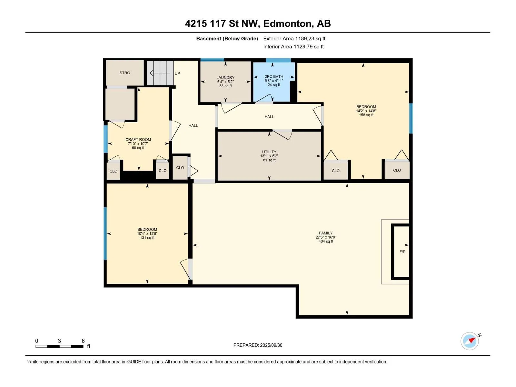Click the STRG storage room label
pyautogui.click(x=124, y=73)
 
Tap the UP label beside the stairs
pyautogui.click(x=177, y=74)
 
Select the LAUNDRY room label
pyautogui.click(x=225, y=77)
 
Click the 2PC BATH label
pyautogui.click(x=274, y=77)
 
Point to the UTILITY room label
pyautogui.click(x=269, y=152)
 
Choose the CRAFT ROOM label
pyautogui.click(x=138, y=140)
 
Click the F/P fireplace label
pyautogui.click(x=402, y=252)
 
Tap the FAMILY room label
pyautogui.click(x=326, y=233)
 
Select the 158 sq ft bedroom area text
pyautogui.click(x=366, y=115)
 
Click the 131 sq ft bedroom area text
pyautogui.click(x=147, y=238)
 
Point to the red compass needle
pyautogui.click(x=472, y=340)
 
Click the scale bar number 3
pyautogui.click(x=59, y=341)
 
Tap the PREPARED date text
pyautogui.click(x=258, y=345)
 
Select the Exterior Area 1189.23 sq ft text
pyautogui.click(x=294, y=38)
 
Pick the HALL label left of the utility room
pyautogui.click(x=193, y=125)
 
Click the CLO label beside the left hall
pyautogui.click(x=180, y=168)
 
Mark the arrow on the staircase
pyautogui.click(x=160, y=73)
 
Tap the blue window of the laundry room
pyautogui.click(x=212, y=60)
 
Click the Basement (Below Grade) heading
pyautogui.click(x=227, y=38)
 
